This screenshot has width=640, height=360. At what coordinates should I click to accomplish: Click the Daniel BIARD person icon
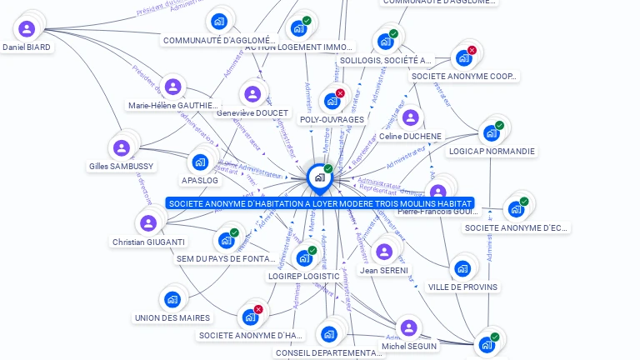pyautogui.click(x=27, y=29)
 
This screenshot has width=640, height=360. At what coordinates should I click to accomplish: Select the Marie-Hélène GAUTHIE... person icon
pyautogui.click(x=172, y=87)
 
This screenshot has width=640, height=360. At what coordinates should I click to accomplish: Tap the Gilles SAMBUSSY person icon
pyautogui.click(x=122, y=148)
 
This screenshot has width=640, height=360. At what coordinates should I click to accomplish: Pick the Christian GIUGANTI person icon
pyautogui.click(x=148, y=223)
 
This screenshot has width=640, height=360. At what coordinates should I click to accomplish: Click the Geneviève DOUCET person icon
pyautogui.click(x=252, y=94)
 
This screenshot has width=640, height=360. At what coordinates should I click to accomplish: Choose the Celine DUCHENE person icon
pyautogui.click(x=410, y=117)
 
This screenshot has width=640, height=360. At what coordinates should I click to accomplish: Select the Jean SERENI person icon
pyautogui.click(x=384, y=252)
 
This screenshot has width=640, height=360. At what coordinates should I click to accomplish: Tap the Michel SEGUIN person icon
pyautogui.click(x=408, y=327)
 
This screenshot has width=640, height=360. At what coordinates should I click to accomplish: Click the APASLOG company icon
pyautogui.click(x=200, y=162)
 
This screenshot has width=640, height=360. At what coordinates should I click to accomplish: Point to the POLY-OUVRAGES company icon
pyautogui.click(x=332, y=102)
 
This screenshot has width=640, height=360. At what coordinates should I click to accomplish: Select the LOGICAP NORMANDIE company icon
pyautogui.click(x=491, y=133)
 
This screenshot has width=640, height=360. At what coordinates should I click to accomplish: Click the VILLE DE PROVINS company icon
pyautogui.click(x=462, y=268)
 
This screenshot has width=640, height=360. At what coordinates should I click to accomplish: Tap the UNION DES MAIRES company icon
pyautogui.click(x=172, y=299)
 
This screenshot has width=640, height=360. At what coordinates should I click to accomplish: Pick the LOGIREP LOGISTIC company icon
pyautogui.click(x=304, y=257)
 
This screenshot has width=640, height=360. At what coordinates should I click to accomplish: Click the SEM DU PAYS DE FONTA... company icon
pyautogui.click(x=226, y=240)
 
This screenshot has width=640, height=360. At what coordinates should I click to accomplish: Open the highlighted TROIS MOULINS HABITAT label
pyautogui.click(x=320, y=203)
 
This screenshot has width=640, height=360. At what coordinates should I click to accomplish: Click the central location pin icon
pyautogui.click(x=319, y=177)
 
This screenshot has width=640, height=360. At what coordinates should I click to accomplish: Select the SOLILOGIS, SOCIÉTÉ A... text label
pyautogui.click(x=386, y=60)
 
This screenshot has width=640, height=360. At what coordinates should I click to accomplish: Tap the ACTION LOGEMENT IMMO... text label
pyautogui.click(x=299, y=47)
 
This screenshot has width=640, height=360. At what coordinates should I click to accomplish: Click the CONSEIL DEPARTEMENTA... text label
pyautogui.click(x=329, y=353)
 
